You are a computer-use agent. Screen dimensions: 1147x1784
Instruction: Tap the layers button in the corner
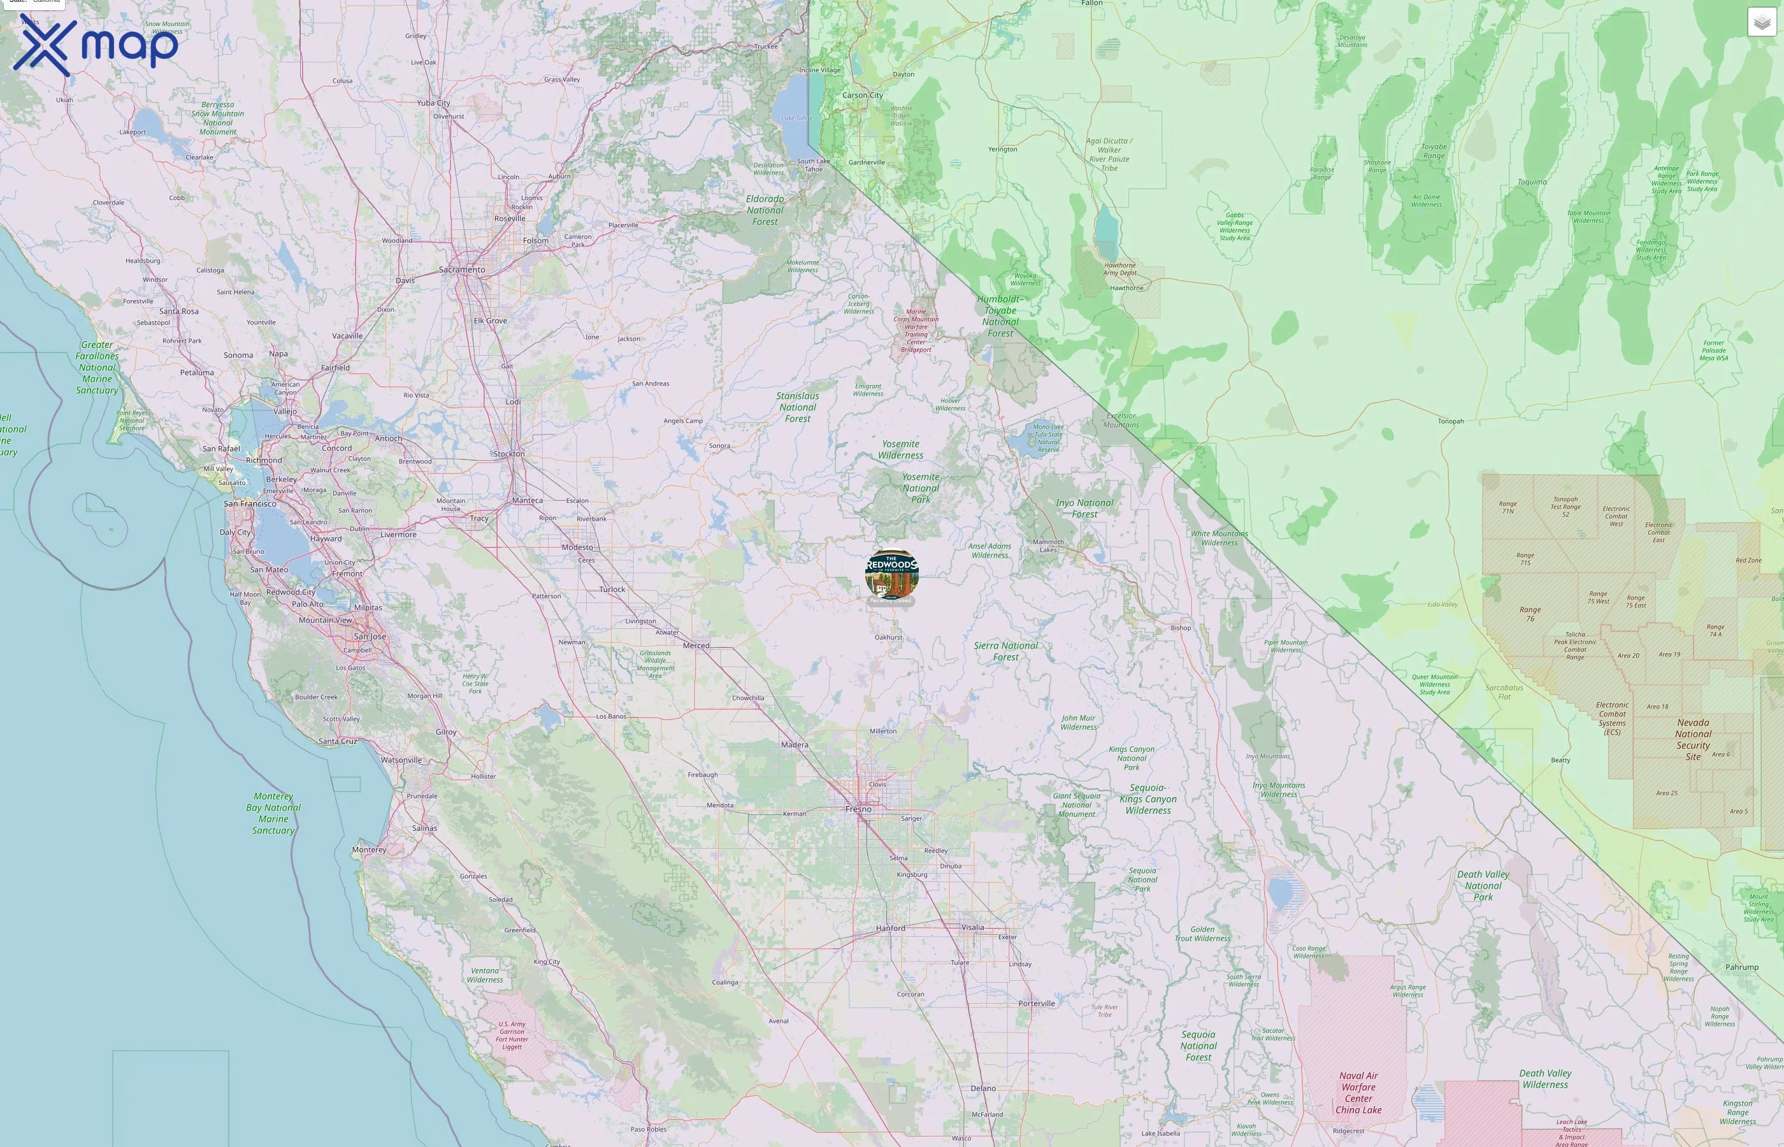(x=1762, y=22)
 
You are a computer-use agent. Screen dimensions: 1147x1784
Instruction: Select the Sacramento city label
(x=462, y=270)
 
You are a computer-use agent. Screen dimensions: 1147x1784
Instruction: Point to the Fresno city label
(x=858, y=809)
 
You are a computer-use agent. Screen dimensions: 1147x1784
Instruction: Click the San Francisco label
(x=250, y=504)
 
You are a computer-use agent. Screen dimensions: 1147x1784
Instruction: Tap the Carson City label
(x=862, y=96)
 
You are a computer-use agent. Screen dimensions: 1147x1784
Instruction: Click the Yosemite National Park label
(x=921, y=489)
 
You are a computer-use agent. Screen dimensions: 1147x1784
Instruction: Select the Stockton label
(x=509, y=454)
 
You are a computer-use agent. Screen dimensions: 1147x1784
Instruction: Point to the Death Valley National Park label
(x=1483, y=886)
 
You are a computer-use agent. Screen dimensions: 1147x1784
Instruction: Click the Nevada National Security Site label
(x=1693, y=740)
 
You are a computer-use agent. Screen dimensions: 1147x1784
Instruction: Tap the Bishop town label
(x=1181, y=628)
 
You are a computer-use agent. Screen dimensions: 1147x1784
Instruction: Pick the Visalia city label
(x=972, y=927)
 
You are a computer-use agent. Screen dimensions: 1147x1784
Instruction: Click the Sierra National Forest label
(x=1006, y=651)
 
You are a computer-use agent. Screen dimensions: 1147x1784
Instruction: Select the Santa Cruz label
(x=338, y=741)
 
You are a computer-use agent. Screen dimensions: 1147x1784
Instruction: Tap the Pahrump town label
(x=1741, y=967)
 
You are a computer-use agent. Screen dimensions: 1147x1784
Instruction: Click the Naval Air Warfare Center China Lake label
(x=1359, y=1093)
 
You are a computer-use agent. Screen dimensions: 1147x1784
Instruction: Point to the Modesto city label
(x=578, y=547)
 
